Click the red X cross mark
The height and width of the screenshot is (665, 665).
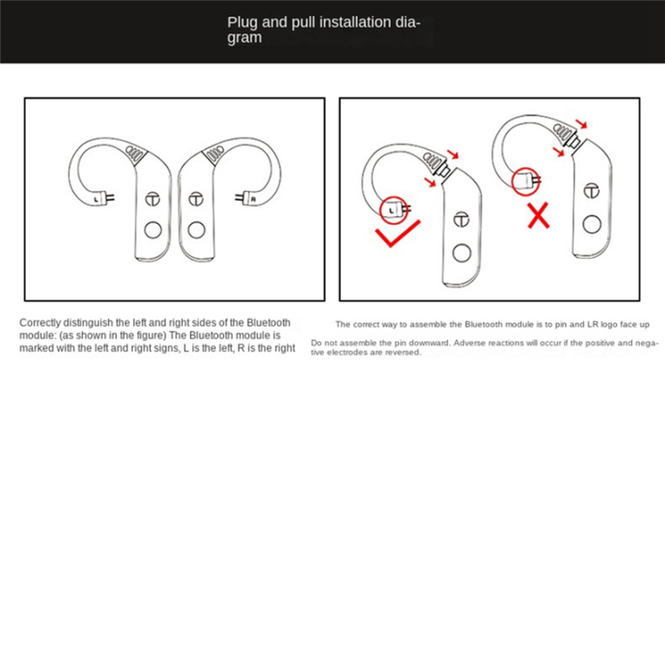pyautogui.click(x=538, y=215)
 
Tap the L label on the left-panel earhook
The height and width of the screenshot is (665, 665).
pyautogui.click(x=96, y=199)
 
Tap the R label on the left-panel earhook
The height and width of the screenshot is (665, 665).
pyautogui.click(x=253, y=199)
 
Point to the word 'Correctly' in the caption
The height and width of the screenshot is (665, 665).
pyautogui.click(x=40, y=323)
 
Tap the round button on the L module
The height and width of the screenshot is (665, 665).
pyautogui.click(x=153, y=230)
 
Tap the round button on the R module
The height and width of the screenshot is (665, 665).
pyautogui.click(x=197, y=230)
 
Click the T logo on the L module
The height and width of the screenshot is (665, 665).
pyautogui.click(x=153, y=199)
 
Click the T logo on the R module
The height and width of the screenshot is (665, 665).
pyautogui.click(x=196, y=199)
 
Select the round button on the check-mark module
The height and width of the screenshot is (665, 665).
pyautogui.click(x=462, y=253)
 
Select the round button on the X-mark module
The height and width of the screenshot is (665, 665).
pyautogui.click(x=592, y=224)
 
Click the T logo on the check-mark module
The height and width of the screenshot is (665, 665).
pyautogui.click(x=462, y=219)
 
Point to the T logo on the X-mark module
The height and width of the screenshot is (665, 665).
pyautogui.click(x=592, y=191)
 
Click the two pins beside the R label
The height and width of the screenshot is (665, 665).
pyautogui.click(x=239, y=198)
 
